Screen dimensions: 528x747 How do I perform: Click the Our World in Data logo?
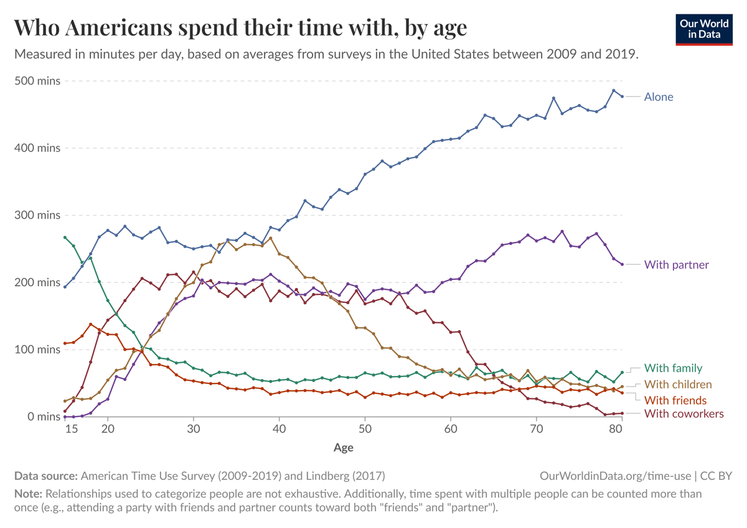coord(704,28)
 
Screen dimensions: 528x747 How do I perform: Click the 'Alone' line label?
coord(659,97)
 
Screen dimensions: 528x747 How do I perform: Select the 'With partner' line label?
coord(676,264)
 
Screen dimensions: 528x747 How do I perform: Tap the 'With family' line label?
coord(673,368)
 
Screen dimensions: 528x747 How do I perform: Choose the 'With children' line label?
coord(677,384)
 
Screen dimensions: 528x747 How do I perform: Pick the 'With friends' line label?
coord(675,400)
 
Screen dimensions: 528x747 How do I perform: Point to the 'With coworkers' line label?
coord(684,413)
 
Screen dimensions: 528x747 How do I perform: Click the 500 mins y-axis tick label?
coord(37,81)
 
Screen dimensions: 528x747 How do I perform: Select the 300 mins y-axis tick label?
coord(37,215)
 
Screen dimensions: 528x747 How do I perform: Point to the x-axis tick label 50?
coord(365,430)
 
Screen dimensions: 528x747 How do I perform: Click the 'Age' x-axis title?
coord(344,447)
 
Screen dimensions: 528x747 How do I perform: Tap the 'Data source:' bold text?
coord(45,476)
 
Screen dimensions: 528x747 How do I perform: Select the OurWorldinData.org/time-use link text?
coord(616,476)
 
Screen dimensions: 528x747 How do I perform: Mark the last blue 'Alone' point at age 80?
coord(622,97)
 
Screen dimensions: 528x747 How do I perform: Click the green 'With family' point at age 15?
coord(65,238)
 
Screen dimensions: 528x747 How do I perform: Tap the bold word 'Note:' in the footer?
coord(28,494)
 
